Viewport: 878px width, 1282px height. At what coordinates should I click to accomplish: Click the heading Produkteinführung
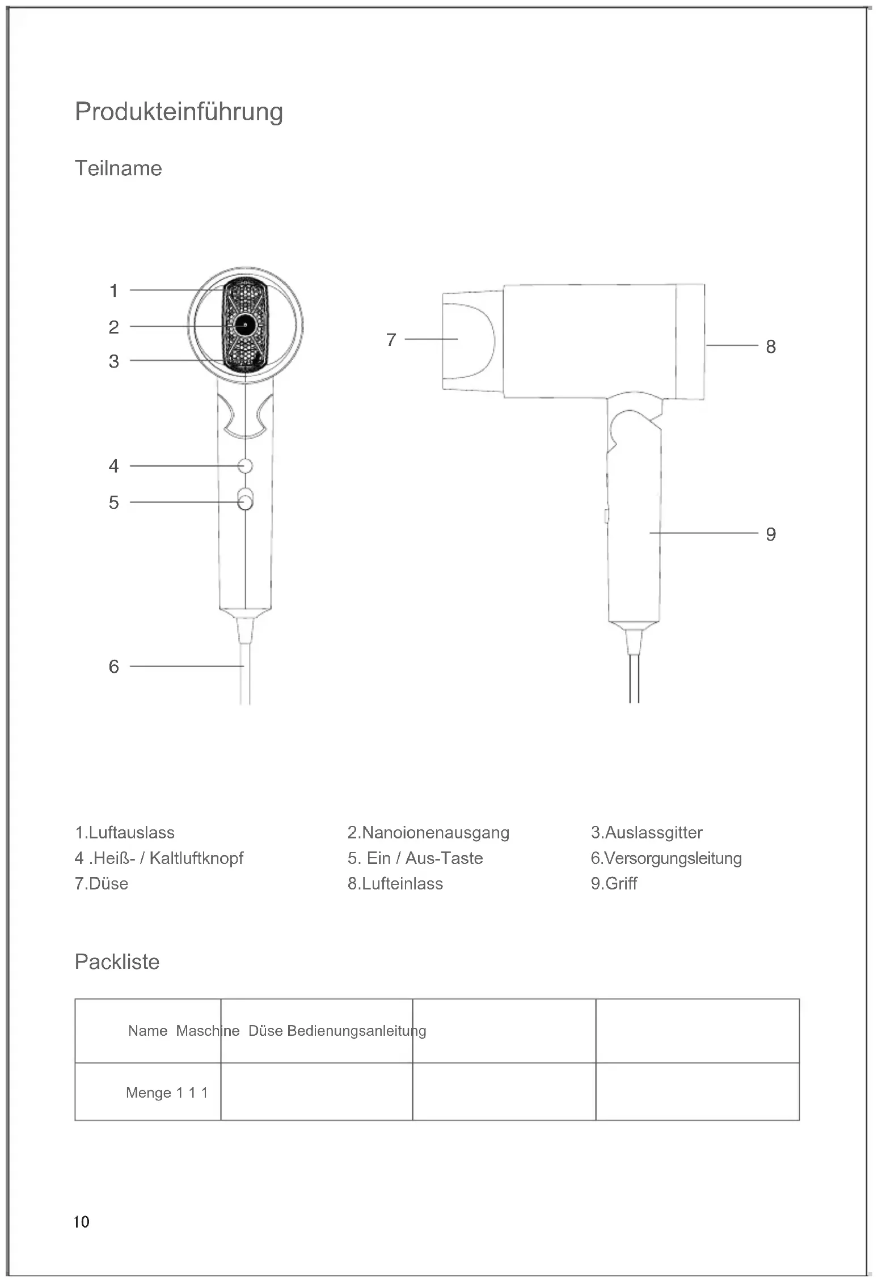pyautogui.click(x=179, y=112)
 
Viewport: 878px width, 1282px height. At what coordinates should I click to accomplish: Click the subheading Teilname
pyautogui.click(x=118, y=168)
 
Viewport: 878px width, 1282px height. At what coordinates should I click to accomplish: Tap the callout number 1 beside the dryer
pyautogui.click(x=114, y=291)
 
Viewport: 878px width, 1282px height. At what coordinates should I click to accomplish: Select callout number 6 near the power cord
pyautogui.click(x=114, y=667)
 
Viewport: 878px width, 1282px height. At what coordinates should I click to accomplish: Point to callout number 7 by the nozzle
pyautogui.click(x=391, y=340)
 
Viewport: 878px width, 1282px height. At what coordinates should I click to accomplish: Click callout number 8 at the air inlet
pyautogui.click(x=770, y=346)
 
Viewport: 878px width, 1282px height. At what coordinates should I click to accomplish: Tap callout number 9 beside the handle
pyautogui.click(x=770, y=534)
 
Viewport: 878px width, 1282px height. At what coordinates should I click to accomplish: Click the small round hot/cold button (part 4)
pyautogui.click(x=245, y=466)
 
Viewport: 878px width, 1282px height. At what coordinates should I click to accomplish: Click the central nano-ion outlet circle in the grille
pyautogui.click(x=245, y=325)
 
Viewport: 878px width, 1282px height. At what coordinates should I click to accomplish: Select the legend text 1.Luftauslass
pyautogui.click(x=125, y=833)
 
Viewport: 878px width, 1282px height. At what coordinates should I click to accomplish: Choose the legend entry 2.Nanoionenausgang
pyautogui.click(x=428, y=833)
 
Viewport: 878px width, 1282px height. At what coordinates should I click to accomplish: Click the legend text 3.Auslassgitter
pyautogui.click(x=647, y=833)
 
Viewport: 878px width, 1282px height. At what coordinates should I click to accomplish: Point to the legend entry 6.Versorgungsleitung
pyautogui.click(x=666, y=858)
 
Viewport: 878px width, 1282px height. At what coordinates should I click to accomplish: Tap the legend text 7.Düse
pyautogui.click(x=102, y=884)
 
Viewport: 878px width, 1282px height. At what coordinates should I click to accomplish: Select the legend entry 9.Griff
pyautogui.click(x=614, y=884)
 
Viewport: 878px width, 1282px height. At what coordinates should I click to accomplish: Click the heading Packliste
pyautogui.click(x=117, y=962)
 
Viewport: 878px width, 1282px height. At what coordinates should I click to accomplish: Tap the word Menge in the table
pyautogui.click(x=149, y=1093)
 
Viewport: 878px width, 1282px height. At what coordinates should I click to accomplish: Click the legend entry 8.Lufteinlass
pyautogui.click(x=395, y=884)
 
